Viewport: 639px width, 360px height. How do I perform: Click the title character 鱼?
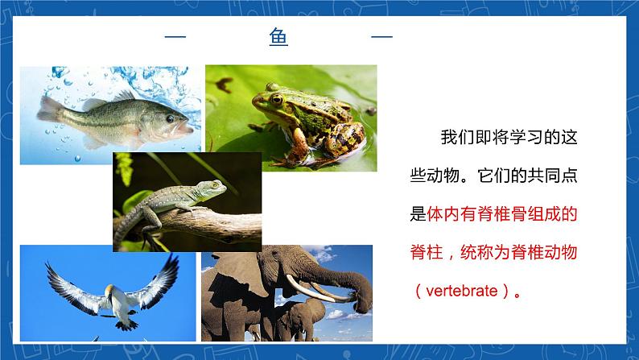278,37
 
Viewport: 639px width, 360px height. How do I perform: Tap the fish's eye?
171,118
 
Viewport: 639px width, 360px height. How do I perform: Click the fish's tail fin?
50,110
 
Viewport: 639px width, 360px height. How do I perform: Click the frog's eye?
277,99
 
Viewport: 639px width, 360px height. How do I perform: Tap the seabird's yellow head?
109,290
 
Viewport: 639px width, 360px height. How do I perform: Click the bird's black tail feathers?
126,325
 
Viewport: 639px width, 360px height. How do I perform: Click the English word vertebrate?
462,291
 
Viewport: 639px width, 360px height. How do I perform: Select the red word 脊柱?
427,252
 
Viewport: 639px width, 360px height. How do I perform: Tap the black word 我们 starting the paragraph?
457,137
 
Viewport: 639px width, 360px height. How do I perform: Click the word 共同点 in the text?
552,176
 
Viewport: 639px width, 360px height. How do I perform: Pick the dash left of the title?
175,37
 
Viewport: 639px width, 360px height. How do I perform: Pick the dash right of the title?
381,37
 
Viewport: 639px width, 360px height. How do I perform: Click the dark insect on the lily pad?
225,84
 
